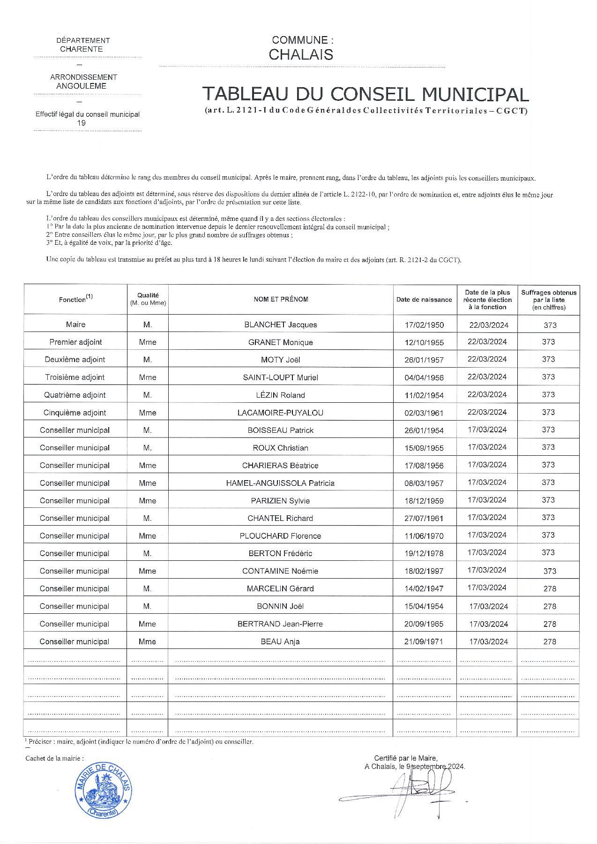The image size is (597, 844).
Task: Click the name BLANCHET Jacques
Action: click(280, 324)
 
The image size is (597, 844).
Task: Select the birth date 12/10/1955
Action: click(424, 342)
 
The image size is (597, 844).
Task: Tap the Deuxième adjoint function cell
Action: click(75, 360)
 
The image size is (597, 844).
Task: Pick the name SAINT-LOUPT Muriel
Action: click(280, 377)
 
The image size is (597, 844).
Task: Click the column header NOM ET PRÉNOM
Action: click(281, 300)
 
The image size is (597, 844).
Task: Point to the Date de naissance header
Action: click(424, 300)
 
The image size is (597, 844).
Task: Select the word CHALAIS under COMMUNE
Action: click(301, 55)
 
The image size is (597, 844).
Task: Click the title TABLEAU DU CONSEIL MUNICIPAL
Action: click(366, 95)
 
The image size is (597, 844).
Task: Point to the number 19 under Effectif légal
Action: click(81, 123)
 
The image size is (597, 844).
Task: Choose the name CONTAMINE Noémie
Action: click(280, 571)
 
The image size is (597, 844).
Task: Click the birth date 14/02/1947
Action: click(424, 588)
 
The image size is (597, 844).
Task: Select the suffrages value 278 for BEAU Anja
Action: click(550, 641)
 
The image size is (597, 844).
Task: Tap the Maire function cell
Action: click(75, 324)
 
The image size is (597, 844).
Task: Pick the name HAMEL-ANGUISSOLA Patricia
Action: click(280, 483)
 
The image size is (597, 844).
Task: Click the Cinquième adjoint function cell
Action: click(75, 413)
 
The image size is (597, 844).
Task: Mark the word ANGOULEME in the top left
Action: click(81, 86)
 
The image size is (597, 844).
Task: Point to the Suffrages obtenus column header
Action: click(549, 300)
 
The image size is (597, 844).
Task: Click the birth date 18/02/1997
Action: click(424, 571)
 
